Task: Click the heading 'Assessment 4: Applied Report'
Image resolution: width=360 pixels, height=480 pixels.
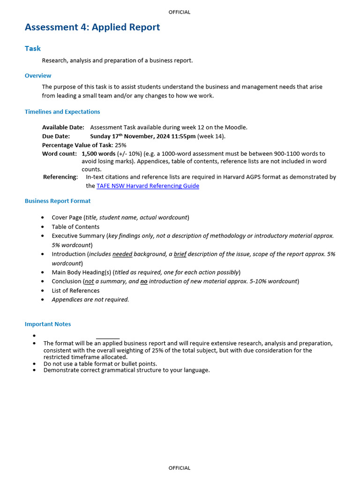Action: tap(92, 27)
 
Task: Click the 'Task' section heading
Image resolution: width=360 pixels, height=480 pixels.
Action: tap(33, 48)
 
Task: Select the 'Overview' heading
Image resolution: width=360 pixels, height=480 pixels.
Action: tap(38, 75)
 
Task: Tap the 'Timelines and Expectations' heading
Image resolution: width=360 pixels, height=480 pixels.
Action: tap(62, 112)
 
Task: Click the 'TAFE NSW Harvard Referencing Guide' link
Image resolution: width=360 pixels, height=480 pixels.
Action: tap(148, 186)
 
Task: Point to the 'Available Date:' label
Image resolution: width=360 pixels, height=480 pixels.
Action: tap(63, 127)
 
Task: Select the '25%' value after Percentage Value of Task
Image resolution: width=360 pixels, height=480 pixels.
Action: tap(120, 145)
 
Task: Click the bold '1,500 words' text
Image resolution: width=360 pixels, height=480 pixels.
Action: tap(98, 153)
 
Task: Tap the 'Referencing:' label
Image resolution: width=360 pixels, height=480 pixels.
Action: tap(60, 177)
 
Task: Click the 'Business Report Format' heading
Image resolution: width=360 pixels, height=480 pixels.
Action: tap(58, 201)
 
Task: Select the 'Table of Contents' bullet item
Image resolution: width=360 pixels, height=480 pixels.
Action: tap(75, 226)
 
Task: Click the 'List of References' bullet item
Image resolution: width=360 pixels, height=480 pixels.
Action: tap(75, 290)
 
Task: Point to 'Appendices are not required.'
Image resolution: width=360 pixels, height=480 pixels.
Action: tap(90, 300)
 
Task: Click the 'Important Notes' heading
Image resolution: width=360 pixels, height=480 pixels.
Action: tap(48, 324)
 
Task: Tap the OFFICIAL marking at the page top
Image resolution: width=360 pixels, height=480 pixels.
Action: tap(180, 12)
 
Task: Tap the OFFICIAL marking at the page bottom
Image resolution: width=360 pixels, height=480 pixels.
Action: tap(180, 468)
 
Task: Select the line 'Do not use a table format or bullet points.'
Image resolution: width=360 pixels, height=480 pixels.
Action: tap(100, 363)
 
